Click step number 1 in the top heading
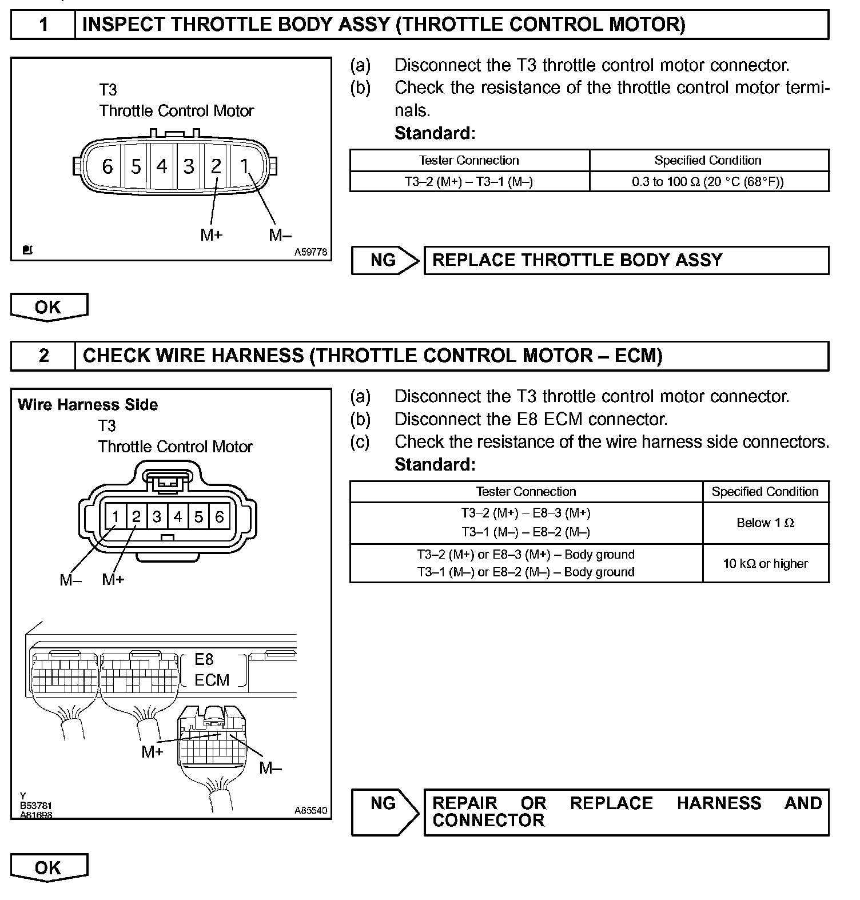point(43,25)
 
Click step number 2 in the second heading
point(44,356)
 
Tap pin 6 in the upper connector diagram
point(107,166)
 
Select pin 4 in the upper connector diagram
point(162,166)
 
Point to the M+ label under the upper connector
point(211,234)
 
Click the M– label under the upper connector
point(280,234)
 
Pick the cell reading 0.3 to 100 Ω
point(708,182)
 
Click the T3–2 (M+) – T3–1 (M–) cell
point(469,182)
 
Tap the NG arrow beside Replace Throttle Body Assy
point(385,260)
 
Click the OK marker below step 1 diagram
point(49,307)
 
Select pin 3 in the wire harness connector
point(157,517)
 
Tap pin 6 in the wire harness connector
point(220,517)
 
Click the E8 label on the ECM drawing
point(204,659)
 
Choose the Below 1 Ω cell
point(765,523)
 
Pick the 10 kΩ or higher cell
point(765,564)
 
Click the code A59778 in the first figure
point(311,252)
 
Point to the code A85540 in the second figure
point(311,810)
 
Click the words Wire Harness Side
point(88,405)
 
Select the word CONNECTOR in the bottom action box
point(488,821)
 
